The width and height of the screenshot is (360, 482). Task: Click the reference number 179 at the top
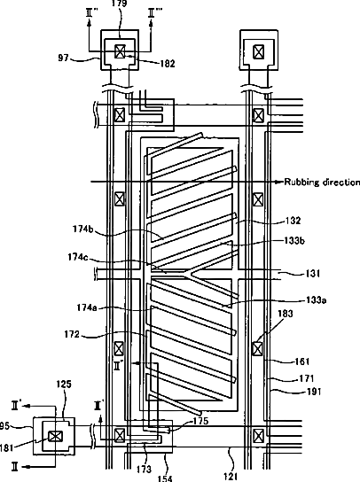tap(119, 4)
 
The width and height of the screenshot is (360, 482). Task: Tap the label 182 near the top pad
tap(168, 63)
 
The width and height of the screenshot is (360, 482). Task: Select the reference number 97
tap(63, 58)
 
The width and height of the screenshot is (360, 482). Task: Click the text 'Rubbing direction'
tap(322, 182)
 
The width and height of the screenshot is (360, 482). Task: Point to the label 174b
tap(83, 229)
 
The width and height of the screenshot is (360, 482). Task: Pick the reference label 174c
tap(78, 257)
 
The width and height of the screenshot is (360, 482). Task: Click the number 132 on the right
tap(293, 221)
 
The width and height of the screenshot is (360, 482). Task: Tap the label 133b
tap(294, 240)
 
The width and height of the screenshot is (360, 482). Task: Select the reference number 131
tap(312, 273)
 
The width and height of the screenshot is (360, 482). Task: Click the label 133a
tap(316, 299)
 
